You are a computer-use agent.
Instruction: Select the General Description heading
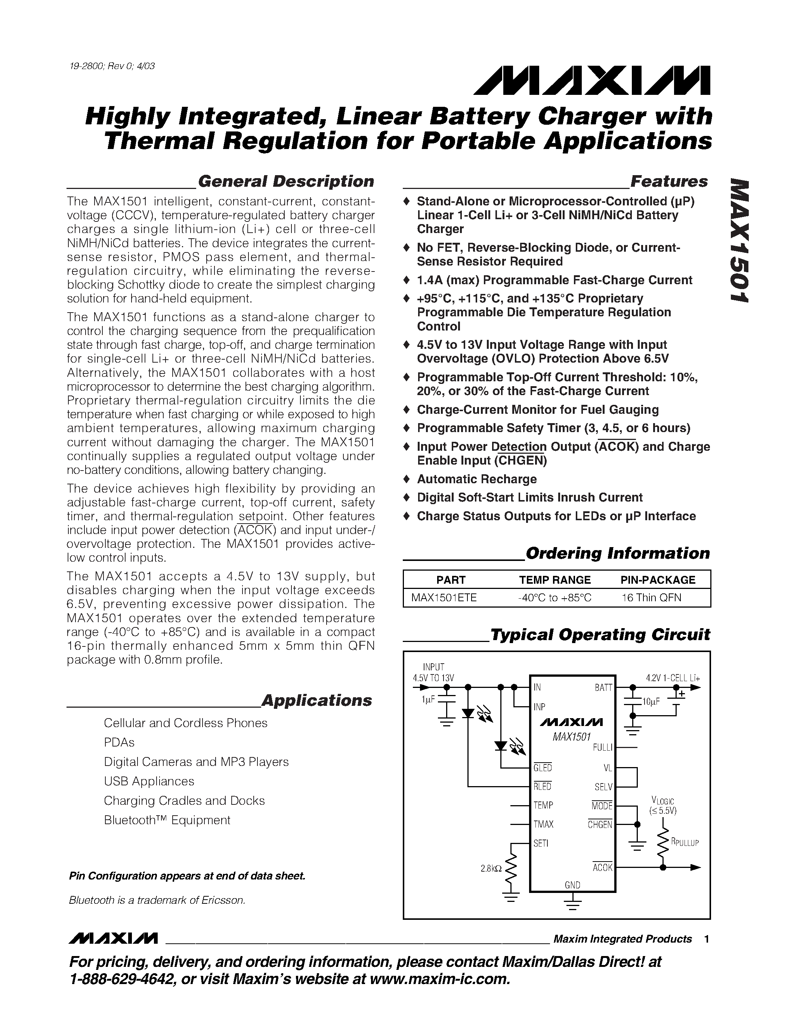(x=285, y=181)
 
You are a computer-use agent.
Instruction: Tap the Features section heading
(x=668, y=181)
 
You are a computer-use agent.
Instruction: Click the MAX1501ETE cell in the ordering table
(x=444, y=598)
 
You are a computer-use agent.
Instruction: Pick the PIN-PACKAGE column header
(x=658, y=580)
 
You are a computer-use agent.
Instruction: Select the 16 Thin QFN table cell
(x=651, y=598)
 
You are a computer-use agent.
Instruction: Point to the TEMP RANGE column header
(x=554, y=580)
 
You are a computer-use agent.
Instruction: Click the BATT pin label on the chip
(x=603, y=688)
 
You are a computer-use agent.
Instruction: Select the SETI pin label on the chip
(x=541, y=844)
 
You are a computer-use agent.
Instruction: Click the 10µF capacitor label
(x=651, y=702)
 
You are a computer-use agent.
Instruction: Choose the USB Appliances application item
(x=149, y=781)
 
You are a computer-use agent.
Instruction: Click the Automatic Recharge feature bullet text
(x=476, y=479)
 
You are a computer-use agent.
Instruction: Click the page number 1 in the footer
(x=707, y=939)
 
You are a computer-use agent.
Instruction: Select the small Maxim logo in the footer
(x=113, y=938)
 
